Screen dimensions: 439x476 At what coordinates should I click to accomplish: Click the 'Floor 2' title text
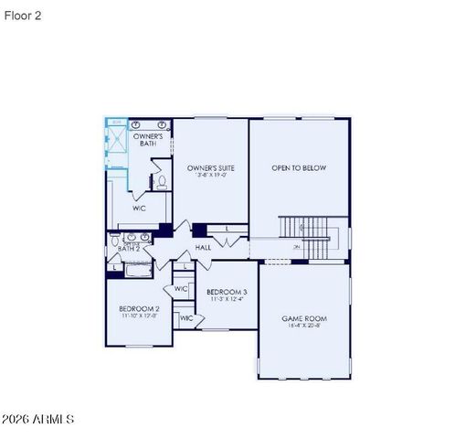22,16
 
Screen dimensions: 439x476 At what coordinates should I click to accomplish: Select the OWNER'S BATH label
148,140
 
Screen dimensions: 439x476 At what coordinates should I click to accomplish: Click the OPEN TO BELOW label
299,168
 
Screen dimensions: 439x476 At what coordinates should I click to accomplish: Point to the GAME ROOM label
303,318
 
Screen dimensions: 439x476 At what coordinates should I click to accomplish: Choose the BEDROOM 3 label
226,292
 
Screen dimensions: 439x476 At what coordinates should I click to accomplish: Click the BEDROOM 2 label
139,309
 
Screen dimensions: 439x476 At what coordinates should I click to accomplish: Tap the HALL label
203,248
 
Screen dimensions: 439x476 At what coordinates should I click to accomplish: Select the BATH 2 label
129,248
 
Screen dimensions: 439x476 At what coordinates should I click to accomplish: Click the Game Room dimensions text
303,327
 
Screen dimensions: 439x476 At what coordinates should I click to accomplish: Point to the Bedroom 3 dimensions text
226,299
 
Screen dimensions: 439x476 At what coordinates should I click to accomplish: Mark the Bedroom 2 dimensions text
139,317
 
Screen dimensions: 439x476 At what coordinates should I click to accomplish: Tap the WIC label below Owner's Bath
139,209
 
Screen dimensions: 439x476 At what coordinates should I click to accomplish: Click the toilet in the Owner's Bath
162,182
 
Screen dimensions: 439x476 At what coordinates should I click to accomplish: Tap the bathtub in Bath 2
137,266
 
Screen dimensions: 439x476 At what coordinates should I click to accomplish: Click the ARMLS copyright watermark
38,419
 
